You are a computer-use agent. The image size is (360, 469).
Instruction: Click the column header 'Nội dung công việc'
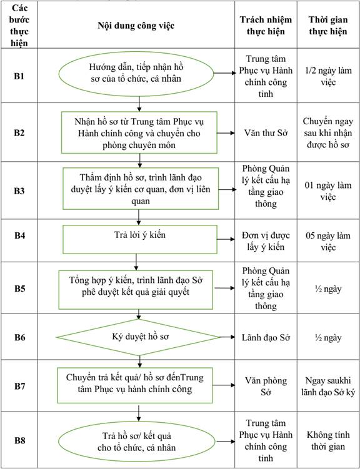click(x=136, y=26)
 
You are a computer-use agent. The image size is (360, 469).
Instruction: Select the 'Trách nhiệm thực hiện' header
click(x=266, y=26)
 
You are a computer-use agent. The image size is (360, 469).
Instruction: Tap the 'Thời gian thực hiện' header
click(x=328, y=26)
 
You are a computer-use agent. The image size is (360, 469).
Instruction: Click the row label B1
click(x=19, y=77)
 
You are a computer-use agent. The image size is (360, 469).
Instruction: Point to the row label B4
click(x=19, y=235)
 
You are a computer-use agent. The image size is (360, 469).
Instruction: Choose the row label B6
click(x=19, y=337)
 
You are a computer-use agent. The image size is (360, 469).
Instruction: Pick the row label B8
click(x=19, y=440)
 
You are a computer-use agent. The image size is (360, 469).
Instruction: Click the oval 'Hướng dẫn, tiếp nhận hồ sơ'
click(x=136, y=73)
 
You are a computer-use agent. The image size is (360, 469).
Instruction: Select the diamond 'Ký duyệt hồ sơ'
click(x=138, y=337)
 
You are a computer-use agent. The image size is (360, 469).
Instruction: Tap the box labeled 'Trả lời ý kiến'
click(x=140, y=239)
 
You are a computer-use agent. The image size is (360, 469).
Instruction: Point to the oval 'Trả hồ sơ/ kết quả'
click(x=136, y=442)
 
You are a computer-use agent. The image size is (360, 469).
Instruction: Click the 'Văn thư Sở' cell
click(x=266, y=132)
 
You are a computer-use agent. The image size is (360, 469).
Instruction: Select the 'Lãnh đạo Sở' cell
click(x=266, y=337)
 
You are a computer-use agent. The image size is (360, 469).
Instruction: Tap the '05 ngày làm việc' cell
click(x=328, y=242)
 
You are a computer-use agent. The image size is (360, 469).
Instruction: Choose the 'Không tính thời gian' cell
click(x=328, y=440)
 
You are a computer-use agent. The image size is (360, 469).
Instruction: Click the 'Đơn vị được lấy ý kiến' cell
click(x=266, y=242)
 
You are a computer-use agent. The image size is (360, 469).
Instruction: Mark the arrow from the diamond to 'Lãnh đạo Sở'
click(x=227, y=337)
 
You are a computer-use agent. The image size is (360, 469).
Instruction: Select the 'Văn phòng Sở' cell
click(x=266, y=386)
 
